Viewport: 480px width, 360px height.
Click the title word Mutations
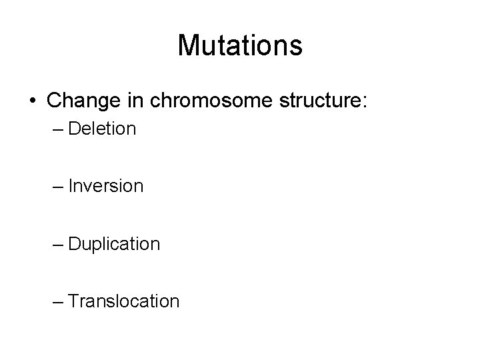click(240, 45)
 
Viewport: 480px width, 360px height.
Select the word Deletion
click(102, 129)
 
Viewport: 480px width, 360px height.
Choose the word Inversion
click(105, 186)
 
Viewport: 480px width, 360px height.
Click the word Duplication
click(114, 244)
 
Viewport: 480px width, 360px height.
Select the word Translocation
click(123, 301)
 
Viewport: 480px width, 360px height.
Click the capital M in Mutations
click(189, 45)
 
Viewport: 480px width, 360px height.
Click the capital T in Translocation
click(73, 301)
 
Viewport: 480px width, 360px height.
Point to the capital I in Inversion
click(71, 186)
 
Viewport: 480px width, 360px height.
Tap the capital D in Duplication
click(74, 244)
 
